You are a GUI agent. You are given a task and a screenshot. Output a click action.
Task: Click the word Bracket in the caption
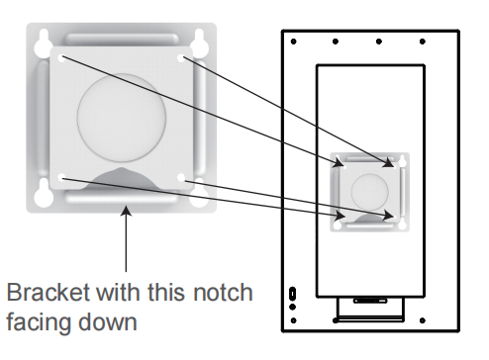pos(49,292)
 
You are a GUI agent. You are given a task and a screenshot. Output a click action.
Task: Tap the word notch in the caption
pos(223,292)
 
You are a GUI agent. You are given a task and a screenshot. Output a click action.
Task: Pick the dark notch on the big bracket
pos(122,178)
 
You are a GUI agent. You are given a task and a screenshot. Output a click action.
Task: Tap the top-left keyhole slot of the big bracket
pos(44,44)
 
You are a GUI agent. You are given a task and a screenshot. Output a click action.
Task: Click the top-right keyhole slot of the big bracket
pos(199,43)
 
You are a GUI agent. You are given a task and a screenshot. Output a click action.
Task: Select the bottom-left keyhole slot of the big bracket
pos(44,194)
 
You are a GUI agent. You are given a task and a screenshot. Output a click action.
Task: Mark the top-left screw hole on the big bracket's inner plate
pos(61,58)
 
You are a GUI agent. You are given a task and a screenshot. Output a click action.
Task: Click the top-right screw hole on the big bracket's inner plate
pos(181,58)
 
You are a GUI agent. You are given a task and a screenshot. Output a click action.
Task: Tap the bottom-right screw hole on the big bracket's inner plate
pos(181,178)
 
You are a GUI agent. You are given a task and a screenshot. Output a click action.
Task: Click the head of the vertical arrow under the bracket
pos(126,211)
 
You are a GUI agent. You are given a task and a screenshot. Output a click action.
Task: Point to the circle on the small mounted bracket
pos(369,192)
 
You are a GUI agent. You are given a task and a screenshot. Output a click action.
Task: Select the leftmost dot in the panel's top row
pos(293,42)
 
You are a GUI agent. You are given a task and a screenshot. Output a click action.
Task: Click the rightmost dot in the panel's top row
pos(423,42)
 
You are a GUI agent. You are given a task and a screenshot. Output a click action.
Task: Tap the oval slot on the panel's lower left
pos(292,294)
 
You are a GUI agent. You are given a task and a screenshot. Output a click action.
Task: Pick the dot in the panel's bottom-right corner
pos(423,320)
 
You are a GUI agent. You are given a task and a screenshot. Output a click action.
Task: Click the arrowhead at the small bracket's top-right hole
pos(389,163)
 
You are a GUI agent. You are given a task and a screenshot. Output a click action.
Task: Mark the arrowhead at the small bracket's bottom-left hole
pos(340,216)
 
